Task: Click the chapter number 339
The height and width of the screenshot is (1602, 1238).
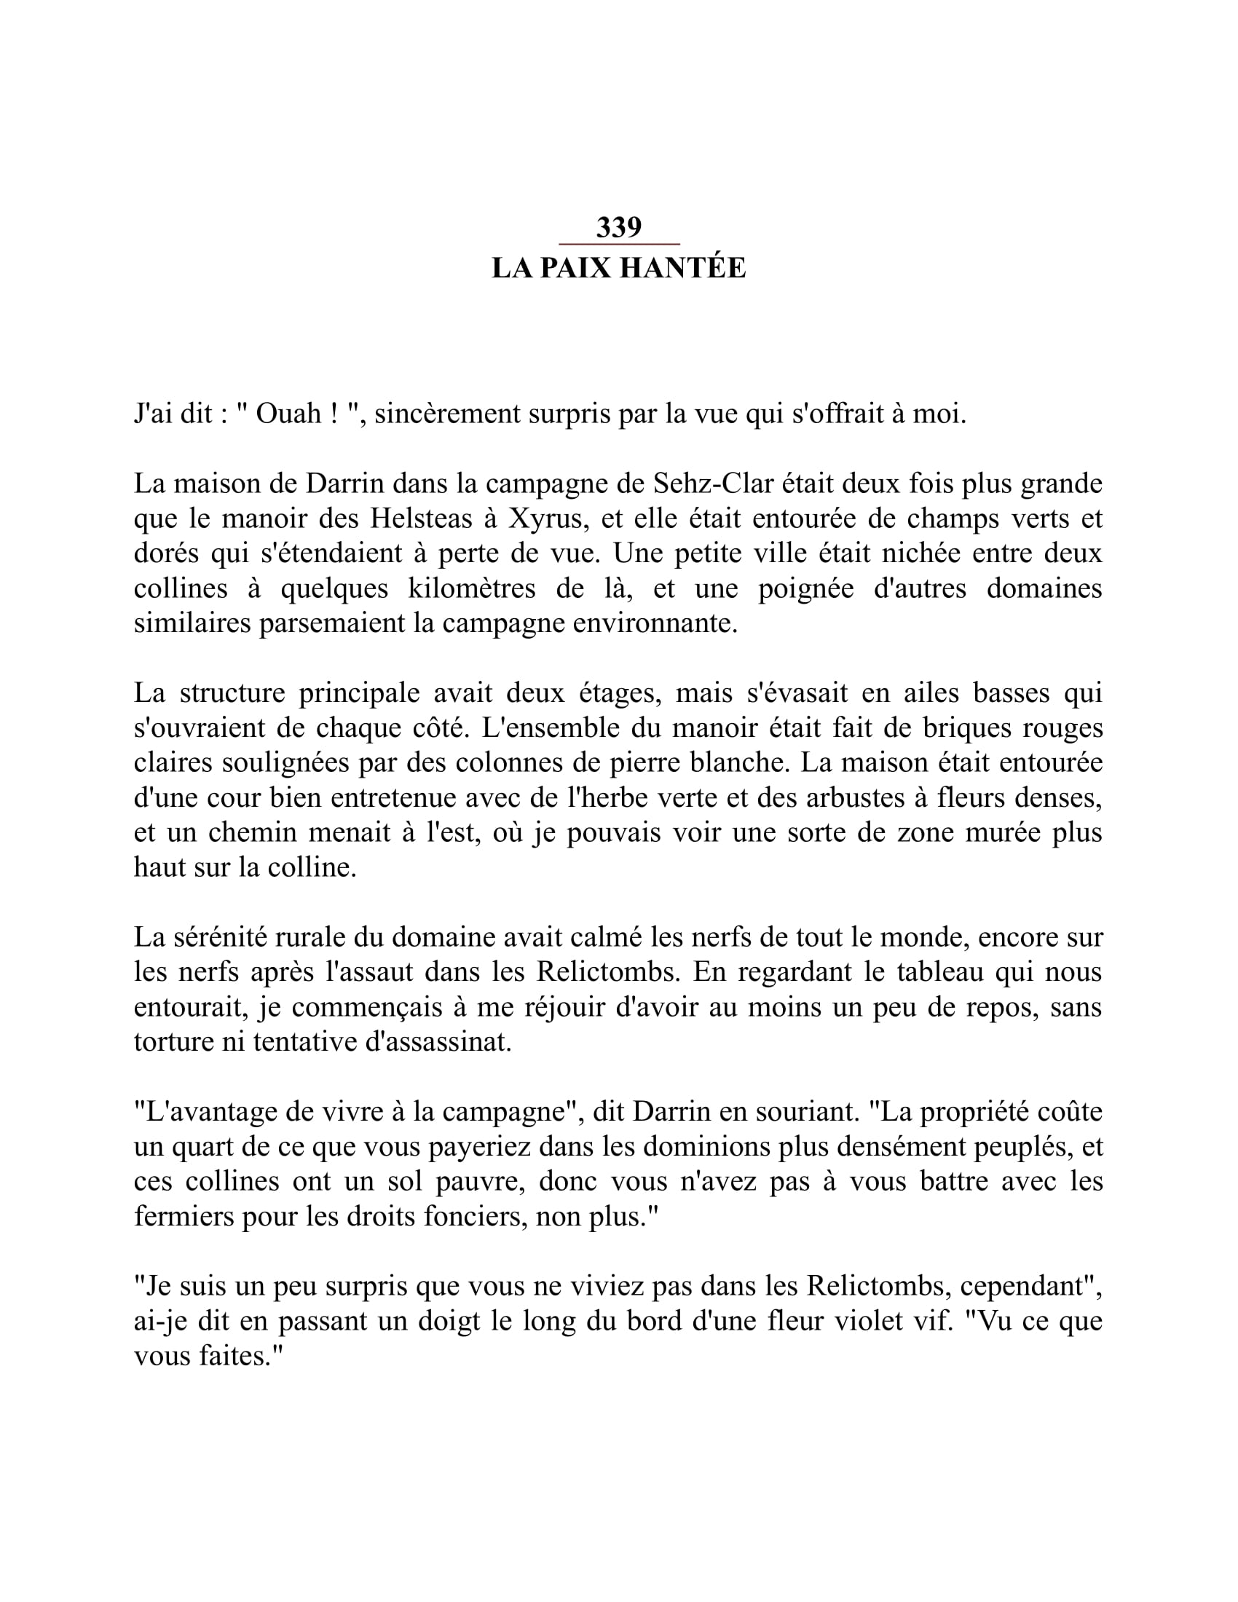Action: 618,228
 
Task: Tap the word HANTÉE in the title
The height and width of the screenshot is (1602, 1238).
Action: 683,269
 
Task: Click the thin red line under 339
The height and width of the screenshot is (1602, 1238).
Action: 619,243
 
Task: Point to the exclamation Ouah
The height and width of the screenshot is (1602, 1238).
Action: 289,414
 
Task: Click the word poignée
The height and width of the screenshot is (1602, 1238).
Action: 806,588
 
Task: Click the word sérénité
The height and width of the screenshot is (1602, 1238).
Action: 221,937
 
